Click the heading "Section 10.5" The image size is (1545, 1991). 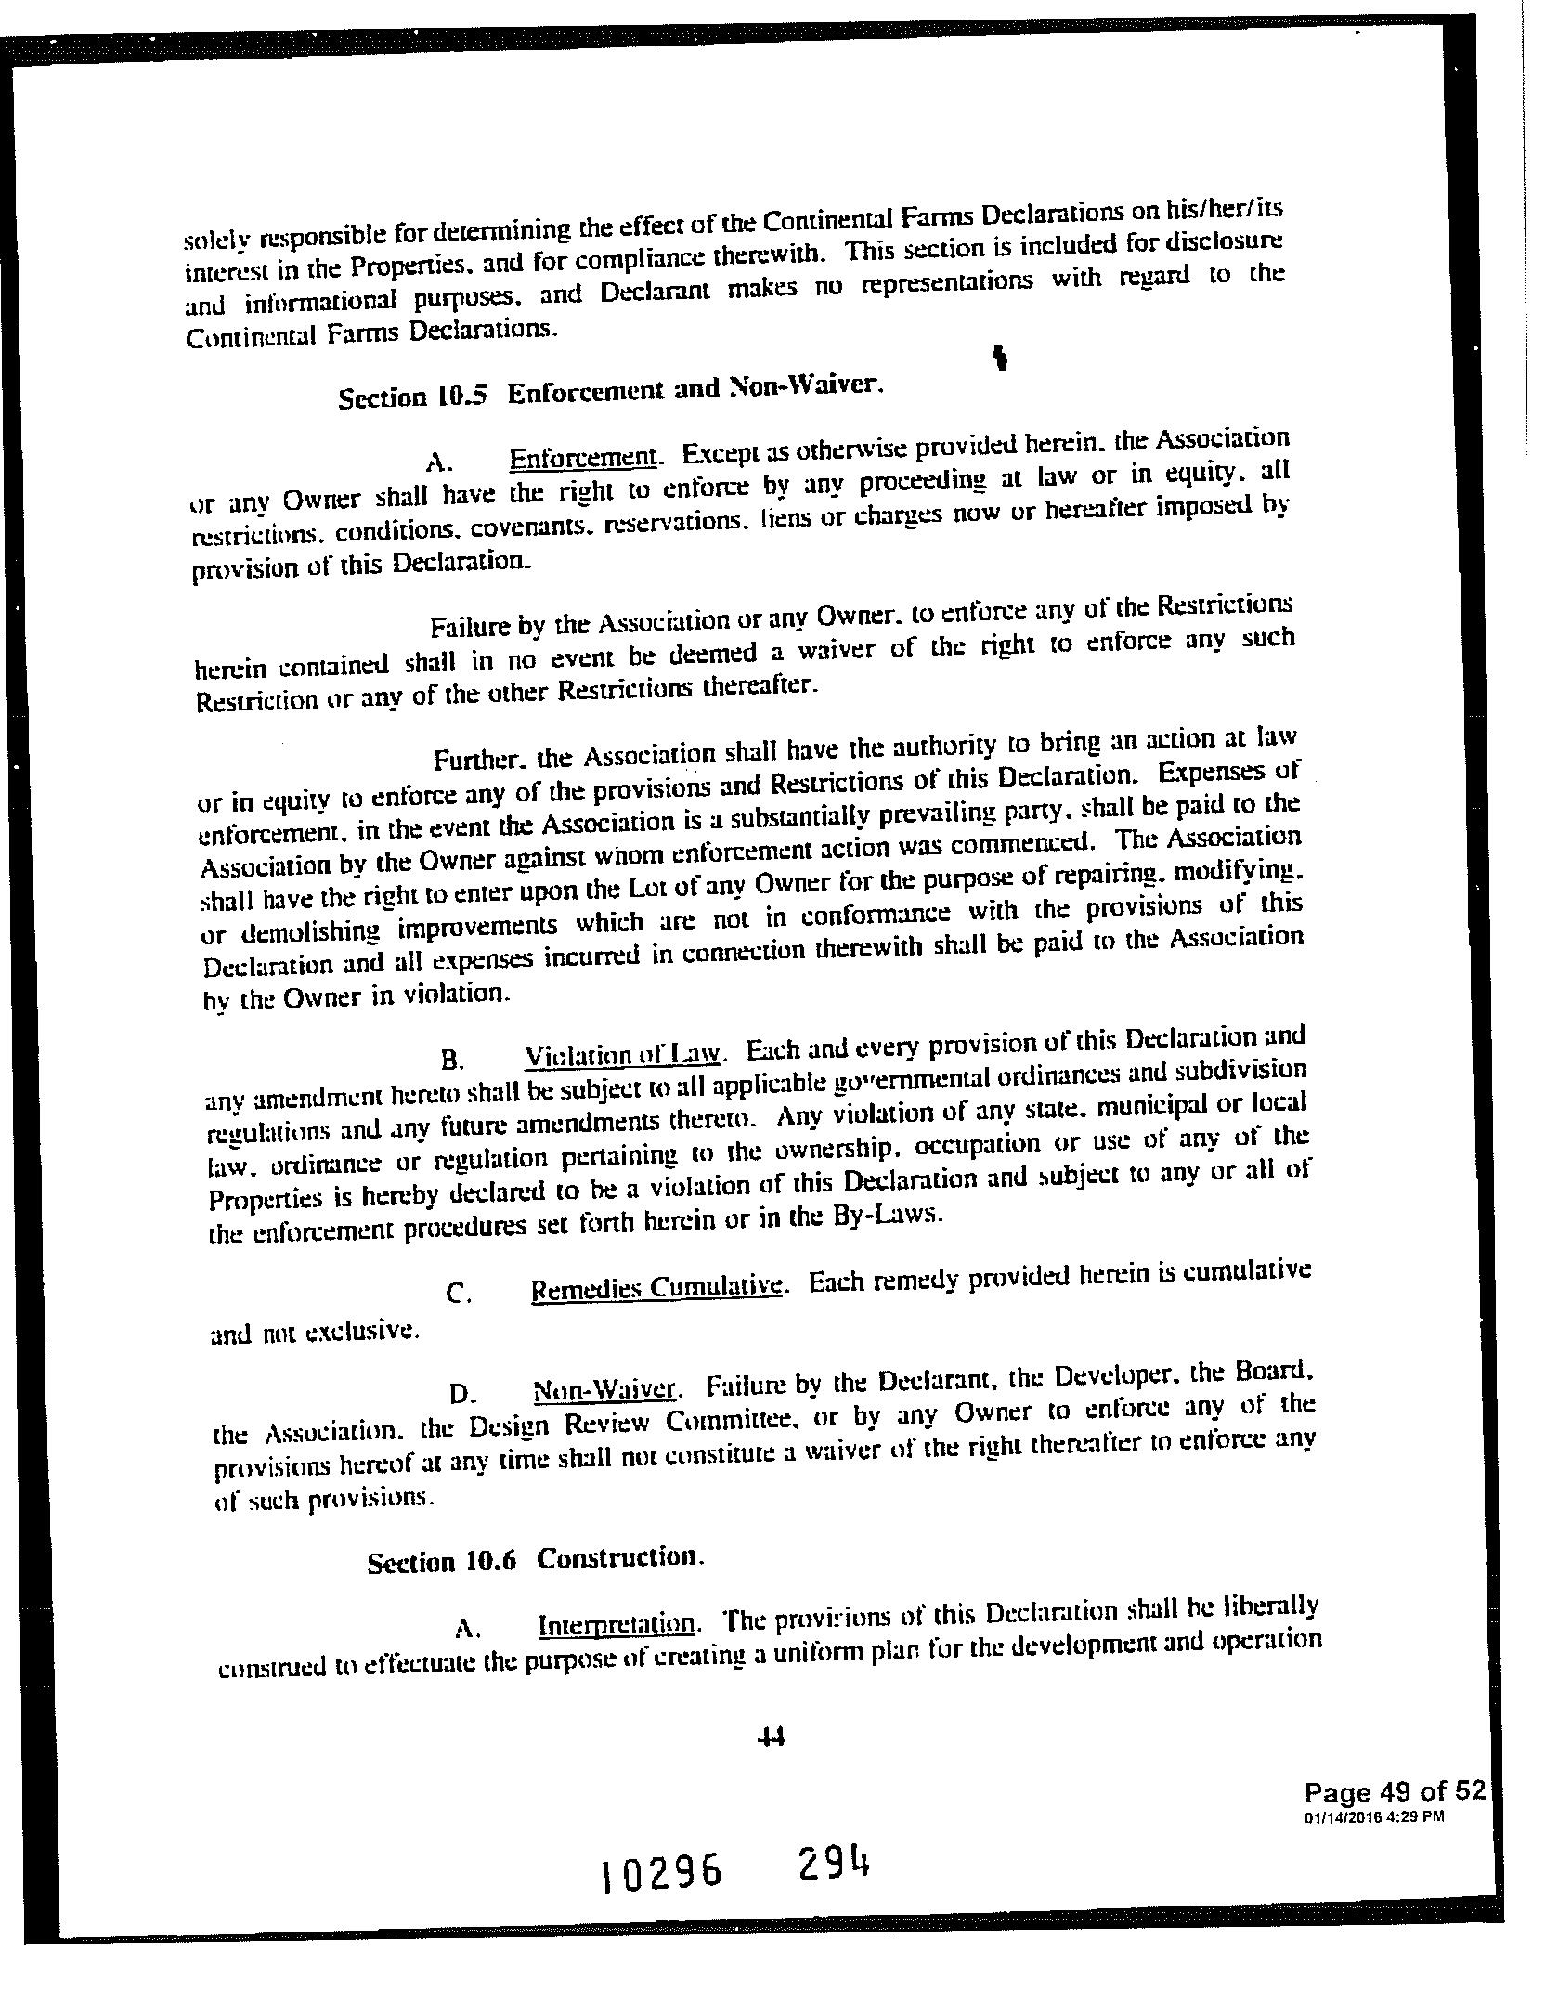412,397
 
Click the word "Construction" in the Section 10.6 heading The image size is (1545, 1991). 617,1557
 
